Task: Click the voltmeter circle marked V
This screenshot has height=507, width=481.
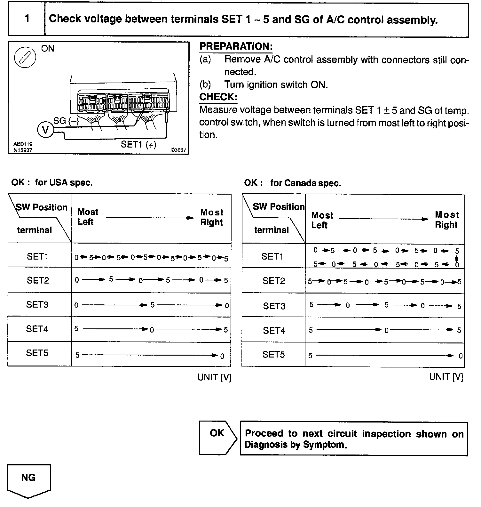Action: [x=46, y=130]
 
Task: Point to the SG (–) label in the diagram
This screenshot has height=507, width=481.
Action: [x=66, y=121]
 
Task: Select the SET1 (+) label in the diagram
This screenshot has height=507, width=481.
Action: [x=138, y=144]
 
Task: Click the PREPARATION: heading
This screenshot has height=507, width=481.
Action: [x=236, y=46]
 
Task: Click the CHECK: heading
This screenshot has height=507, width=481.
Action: [x=218, y=97]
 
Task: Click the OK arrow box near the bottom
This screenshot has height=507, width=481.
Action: [x=217, y=438]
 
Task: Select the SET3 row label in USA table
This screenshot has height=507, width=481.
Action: [x=37, y=304]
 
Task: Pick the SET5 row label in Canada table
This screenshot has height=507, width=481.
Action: [x=273, y=354]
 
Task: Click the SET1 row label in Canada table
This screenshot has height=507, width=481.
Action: [x=272, y=256]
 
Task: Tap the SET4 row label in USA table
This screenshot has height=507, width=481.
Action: [x=37, y=329]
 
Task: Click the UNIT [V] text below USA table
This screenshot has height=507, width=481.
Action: [x=214, y=377]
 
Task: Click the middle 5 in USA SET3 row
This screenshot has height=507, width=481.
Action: [x=153, y=305]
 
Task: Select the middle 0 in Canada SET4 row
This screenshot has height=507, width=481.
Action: [x=386, y=330]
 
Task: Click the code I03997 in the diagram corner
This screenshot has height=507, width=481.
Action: [x=178, y=150]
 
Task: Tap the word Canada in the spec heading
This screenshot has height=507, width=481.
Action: [x=296, y=183]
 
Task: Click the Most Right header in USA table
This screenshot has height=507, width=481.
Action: [x=211, y=217]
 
